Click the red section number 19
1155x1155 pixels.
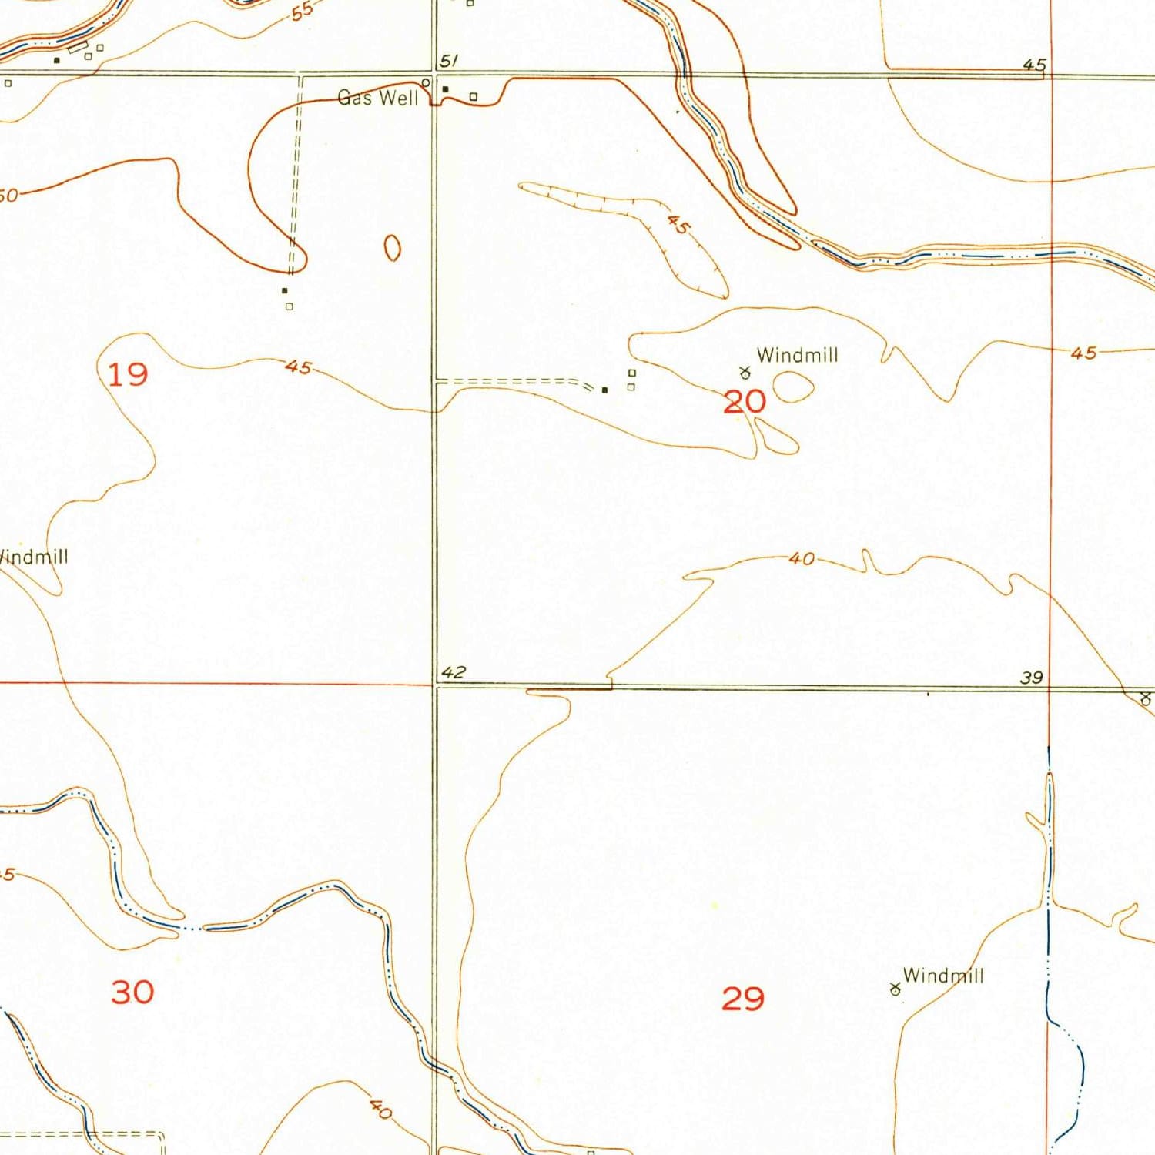tap(127, 375)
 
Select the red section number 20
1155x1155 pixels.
tap(745, 401)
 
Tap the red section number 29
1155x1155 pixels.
tap(743, 999)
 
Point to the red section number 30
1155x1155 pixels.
tap(132, 992)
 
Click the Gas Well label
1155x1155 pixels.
tap(378, 98)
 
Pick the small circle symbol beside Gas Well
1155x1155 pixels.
tap(425, 82)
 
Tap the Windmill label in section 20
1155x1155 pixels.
tap(797, 355)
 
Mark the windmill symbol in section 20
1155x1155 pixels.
tap(745, 373)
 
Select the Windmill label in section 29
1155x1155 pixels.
tap(943, 976)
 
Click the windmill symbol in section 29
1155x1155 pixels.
tap(895, 989)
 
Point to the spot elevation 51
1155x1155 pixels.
tap(449, 62)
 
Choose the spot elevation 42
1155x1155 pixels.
tap(454, 671)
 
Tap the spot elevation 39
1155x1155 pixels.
tap(1032, 677)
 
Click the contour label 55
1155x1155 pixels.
tap(303, 11)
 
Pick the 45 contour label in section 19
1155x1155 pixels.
tap(298, 367)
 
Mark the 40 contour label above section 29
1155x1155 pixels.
tap(802, 558)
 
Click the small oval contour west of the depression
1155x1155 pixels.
tap(392, 247)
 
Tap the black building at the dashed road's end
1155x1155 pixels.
tap(604, 390)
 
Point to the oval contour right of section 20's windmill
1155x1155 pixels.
tap(793, 387)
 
